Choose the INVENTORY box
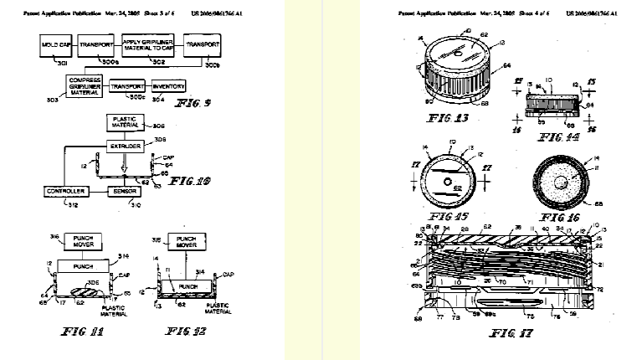pyautogui.click(x=167, y=86)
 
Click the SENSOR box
pyautogui.click(x=124, y=192)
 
